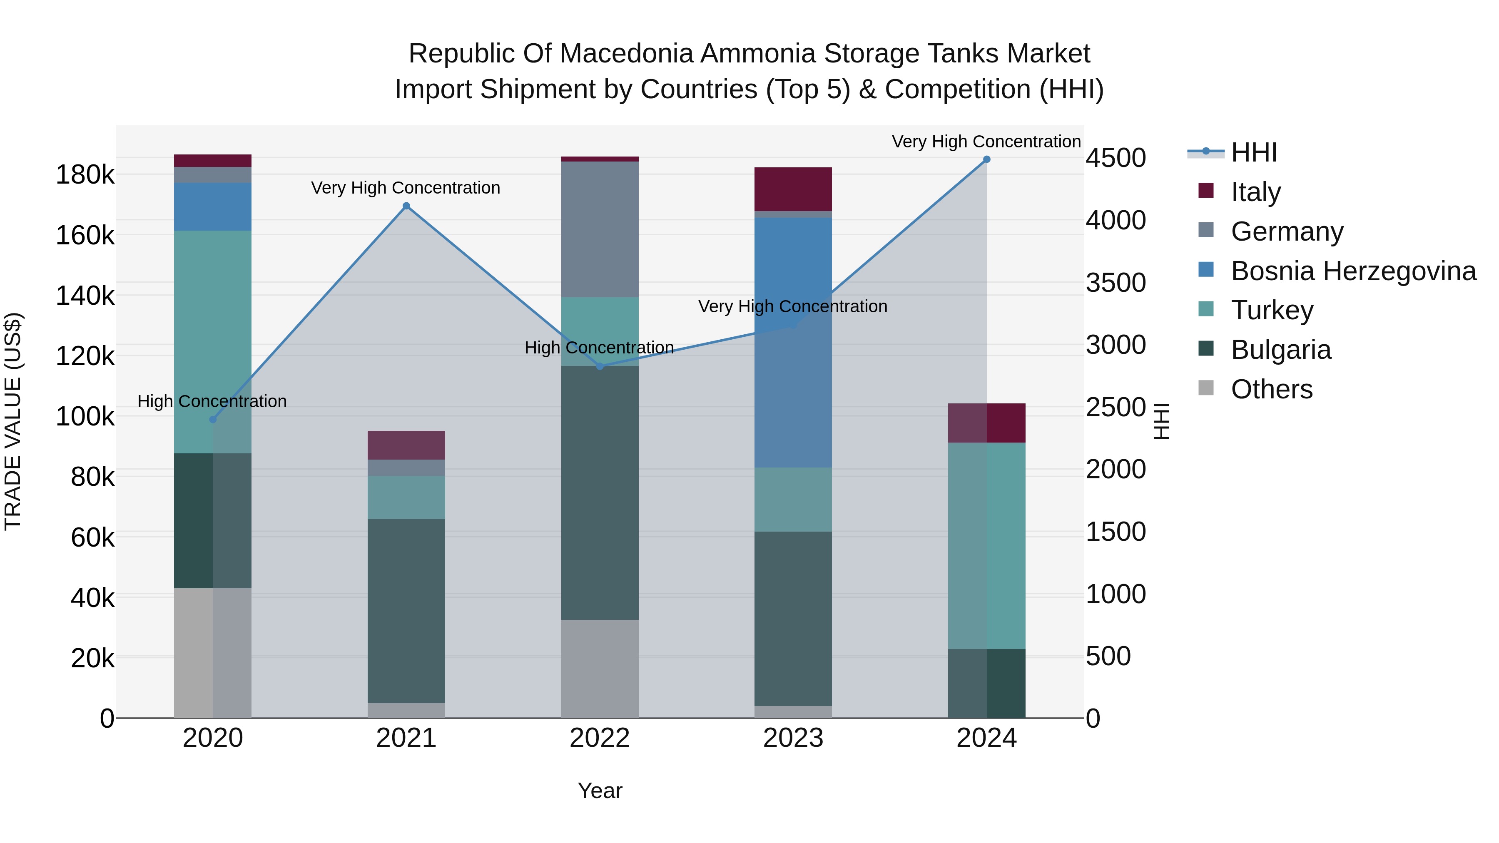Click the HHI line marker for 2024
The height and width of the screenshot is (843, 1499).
[x=986, y=159]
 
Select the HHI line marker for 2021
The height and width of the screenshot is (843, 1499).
[x=406, y=206]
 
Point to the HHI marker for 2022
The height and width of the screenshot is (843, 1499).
[x=600, y=366]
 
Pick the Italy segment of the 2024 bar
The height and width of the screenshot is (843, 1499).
[x=986, y=423]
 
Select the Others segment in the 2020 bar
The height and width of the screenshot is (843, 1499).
[x=212, y=652]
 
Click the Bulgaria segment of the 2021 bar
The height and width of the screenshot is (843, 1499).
[x=406, y=611]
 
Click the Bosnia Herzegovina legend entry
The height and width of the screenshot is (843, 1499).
[x=1353, y=271]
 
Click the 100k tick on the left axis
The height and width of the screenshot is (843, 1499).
[x=85, y=417]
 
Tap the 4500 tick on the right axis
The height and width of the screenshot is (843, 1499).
[x=1116, y=158]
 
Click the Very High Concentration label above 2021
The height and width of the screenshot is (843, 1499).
[x=406, y=188]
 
